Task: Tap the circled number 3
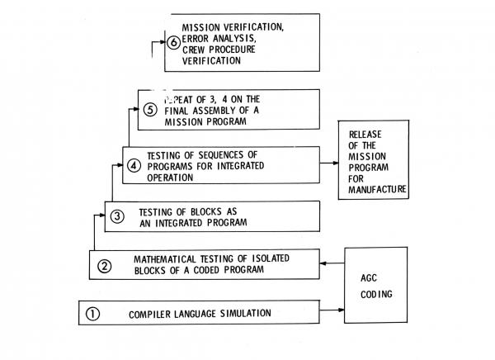click(x=118, y=216)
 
